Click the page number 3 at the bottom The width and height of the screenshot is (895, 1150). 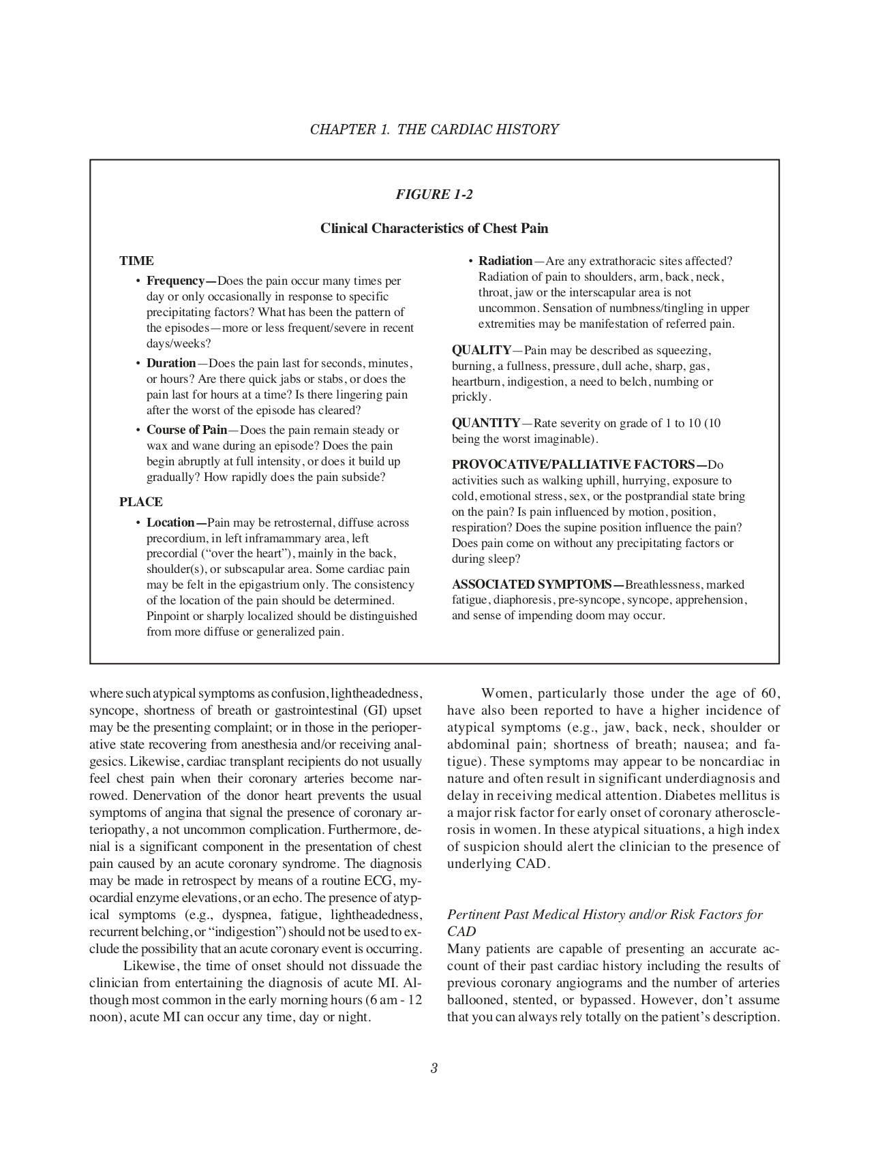(434, 1068)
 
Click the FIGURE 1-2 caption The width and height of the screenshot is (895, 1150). (434, 195)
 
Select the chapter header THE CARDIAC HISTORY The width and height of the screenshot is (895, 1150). (478, 129)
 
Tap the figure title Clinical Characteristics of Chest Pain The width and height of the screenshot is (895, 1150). (434, 228)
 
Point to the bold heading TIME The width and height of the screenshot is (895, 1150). (136, 261)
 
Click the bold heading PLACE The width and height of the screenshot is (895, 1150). (141, 502)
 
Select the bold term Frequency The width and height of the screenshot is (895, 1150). (176, 281)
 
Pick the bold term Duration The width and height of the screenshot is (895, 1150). (171, 363)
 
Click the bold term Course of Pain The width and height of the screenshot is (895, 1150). (187, 430)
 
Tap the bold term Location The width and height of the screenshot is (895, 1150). (170, 523)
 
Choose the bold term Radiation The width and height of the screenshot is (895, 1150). (505, 261)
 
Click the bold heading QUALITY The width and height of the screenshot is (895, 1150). (481, 350)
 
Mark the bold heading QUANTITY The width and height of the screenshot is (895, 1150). (486, 423)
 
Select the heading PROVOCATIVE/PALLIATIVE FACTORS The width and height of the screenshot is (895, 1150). (573, 465)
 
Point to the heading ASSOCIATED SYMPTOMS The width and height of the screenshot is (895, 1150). (531, 585)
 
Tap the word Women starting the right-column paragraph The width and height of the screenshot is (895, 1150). (506, 694)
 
